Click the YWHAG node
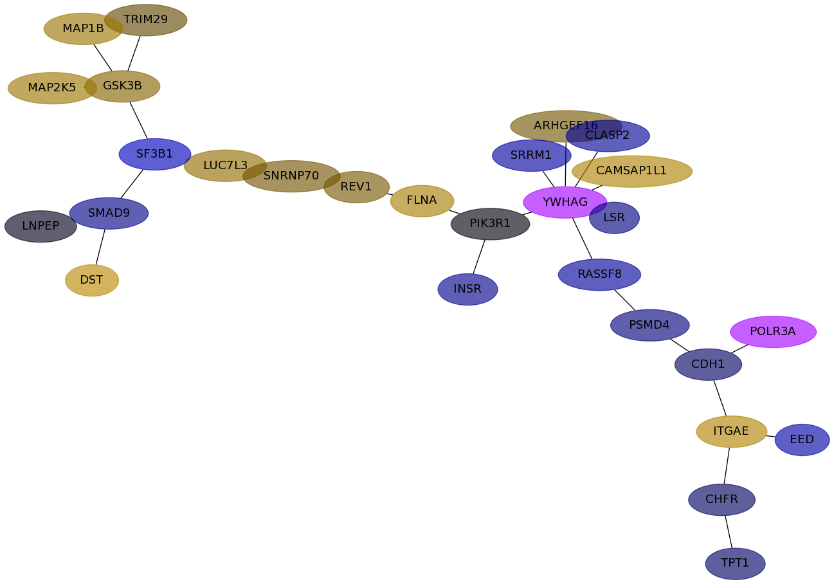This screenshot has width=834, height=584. (565, 202)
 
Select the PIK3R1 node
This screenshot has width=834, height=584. (490, 224)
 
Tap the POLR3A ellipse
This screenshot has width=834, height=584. (773, 331)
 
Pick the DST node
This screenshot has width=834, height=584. (92, 280)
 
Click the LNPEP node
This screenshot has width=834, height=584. (41, 226)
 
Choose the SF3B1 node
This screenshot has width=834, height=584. (155, 154)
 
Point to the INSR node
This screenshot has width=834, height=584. (467, 289)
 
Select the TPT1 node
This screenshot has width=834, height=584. (735, 563)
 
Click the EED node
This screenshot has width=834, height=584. (802, 439)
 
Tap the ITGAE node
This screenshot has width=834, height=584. (731, 432)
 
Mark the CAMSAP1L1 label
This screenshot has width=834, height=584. (631, 170)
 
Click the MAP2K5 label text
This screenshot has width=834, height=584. (51, 87)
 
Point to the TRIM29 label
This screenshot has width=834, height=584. (145, 19)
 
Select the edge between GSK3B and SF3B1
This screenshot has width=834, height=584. (138, 120)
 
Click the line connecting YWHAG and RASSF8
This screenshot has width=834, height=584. (582, 239)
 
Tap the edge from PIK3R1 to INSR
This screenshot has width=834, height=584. (479, 257)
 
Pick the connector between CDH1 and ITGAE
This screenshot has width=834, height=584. (720, 397)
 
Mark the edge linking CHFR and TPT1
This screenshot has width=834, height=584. (729, 531)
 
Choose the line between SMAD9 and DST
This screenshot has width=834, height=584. (100, 247)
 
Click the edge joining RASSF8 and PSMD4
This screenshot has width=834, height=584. (624, 300)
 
